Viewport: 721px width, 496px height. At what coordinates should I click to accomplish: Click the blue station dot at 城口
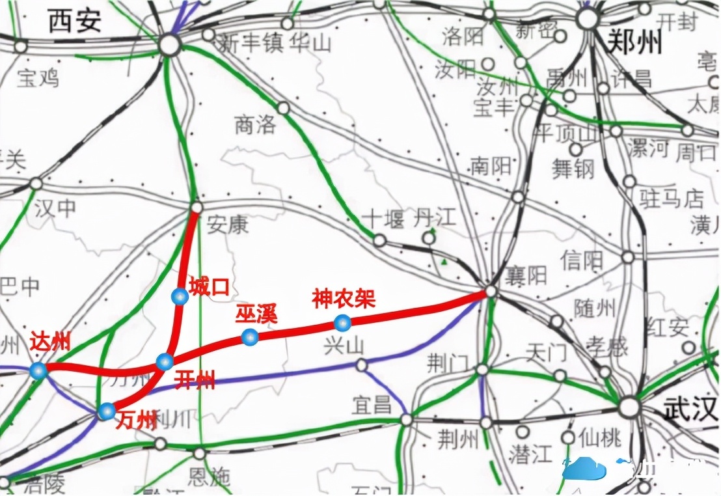point(180,296)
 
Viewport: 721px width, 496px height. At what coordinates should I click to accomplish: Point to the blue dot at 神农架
point(342,322)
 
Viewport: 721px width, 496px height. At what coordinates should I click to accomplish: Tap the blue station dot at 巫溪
point(249,337)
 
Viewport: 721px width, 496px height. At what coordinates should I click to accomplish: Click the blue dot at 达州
point(39,371)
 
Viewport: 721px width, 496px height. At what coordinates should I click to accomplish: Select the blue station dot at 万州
point(107,411)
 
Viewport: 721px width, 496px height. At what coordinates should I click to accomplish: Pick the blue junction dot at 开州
point(165,362)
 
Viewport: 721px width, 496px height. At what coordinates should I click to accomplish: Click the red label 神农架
point(344,299)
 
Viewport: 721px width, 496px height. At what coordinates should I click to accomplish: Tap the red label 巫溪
point(256,314)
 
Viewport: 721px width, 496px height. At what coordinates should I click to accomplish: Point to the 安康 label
point(228,225)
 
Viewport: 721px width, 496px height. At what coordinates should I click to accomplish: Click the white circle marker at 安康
point(196,208)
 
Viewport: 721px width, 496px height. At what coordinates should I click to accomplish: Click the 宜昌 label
point(372,405)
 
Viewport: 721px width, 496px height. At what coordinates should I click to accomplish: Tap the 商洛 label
point(255,124)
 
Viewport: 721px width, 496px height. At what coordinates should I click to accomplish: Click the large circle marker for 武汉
point(629,408)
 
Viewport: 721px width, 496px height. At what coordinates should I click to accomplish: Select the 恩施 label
point(208,477)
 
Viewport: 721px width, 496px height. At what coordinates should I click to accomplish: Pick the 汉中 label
point(55,209)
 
